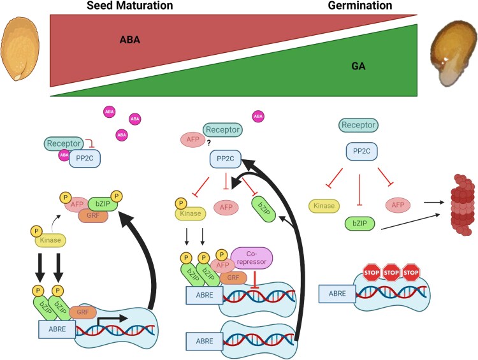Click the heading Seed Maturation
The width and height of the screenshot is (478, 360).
click(x=130, y=6)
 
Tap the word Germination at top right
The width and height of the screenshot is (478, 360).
click(x=360, y=6)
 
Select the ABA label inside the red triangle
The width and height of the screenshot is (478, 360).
click(x=130, y=40)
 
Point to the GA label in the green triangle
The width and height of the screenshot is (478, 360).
click(x=358, y=66)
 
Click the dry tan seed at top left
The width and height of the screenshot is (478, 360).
click(x=20, y=49)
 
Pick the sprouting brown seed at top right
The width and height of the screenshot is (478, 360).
click(x=453, y=54)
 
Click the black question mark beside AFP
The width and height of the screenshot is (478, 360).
click(x=209, y=143)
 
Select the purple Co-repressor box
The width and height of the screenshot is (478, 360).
click(x=252, y=258)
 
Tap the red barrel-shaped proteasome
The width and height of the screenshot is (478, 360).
click(x=463, y=205)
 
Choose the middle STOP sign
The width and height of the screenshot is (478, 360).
click(x=391, y=272)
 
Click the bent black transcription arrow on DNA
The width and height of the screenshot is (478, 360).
click(x=112, y=320)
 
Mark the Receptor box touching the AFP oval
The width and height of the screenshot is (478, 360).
click(x=222, y=130)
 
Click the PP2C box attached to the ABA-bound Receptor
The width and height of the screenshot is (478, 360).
click(x=85, y=159)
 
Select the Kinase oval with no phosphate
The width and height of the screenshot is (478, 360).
click(x=324, y=206)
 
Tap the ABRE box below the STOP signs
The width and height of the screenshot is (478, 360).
click(x=337, y=294)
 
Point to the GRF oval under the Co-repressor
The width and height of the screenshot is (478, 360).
click(x=233, y=278)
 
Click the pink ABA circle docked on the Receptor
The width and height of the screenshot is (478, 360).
click(x=64, y=155)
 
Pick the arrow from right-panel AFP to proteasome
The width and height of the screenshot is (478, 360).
click(x=434, y=202)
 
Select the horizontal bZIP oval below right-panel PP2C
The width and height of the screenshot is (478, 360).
click(x=359, y=223)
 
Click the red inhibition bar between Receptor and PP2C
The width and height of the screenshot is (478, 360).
click(x=90, y=143)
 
